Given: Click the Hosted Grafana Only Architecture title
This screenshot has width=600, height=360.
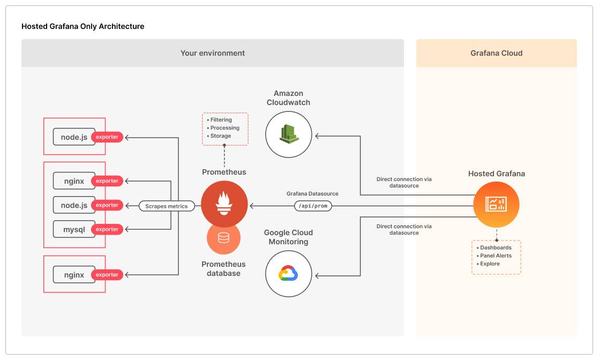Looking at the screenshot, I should (x=82, y=26).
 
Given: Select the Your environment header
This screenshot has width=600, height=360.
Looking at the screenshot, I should (x=212, y=53).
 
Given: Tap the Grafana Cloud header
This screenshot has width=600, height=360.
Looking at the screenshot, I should (x=496, y=53).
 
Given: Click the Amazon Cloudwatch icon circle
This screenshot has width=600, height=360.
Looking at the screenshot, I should (x=289, y=134).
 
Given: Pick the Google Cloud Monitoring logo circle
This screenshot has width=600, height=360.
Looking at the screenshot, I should (x=289, y=274).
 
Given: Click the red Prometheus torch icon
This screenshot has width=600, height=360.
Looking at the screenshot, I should (x=224, y=205).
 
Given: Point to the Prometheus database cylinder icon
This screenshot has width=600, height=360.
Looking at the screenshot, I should (x=223, y=237).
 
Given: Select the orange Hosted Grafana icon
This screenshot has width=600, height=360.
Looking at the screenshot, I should (x=496, y=205).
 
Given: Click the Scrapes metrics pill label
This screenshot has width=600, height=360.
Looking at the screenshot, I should (x=167, y=206).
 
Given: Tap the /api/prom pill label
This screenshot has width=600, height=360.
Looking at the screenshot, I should (x=313, y=206).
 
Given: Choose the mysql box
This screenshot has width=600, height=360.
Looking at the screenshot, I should (x=74, y=229).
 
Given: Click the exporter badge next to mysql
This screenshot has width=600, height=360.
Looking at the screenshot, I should (x=107, y=229).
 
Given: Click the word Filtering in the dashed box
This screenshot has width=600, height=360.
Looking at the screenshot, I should (x=221, y=120).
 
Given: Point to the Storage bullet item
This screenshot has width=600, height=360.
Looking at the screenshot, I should (x=221, y=136).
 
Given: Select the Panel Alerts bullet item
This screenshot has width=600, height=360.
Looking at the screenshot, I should (x=496, y=256).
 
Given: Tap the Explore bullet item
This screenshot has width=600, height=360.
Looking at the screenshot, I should (x=490, y=264).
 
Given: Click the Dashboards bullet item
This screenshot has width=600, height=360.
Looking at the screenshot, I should (x=496, y=247).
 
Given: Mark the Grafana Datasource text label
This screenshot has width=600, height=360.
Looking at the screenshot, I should (x=312, y=193).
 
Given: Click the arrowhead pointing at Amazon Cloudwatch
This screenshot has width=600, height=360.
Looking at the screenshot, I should (x=318, y=136).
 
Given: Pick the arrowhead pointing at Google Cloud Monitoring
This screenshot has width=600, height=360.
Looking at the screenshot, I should (x=318, y=276).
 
